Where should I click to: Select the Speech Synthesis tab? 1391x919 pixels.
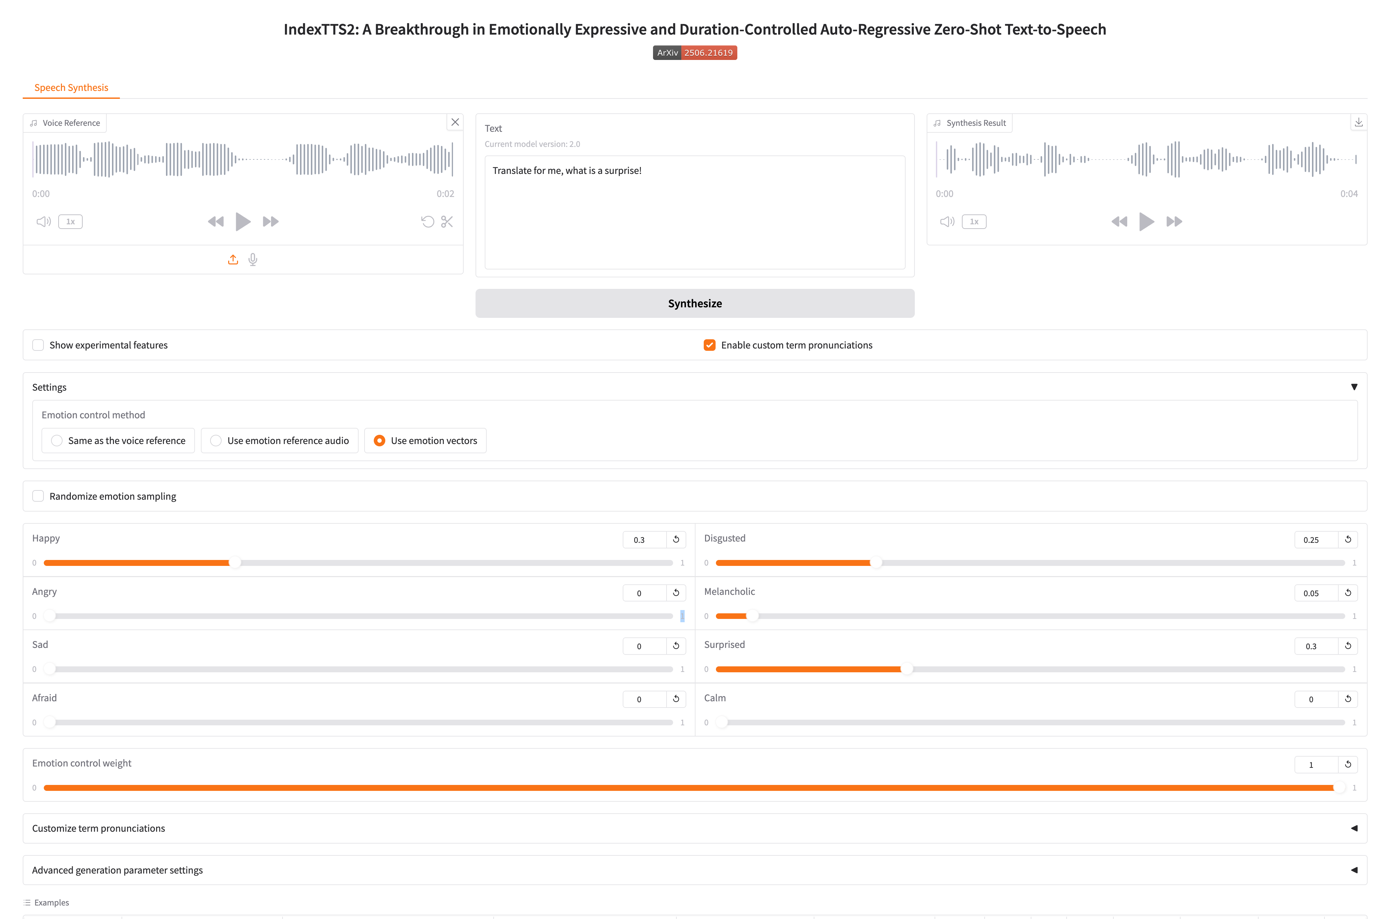[71, 87]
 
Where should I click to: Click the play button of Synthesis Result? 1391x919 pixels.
[1146, 222]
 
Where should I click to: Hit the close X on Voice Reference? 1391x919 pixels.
[455, 122]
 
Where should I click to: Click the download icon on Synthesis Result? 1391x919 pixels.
[1358, 122]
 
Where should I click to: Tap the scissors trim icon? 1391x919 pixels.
[447, 222]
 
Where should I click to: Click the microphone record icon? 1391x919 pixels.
[253, 260]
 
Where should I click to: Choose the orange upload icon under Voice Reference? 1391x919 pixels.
[232, 260]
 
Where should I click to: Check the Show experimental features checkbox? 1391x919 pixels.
[38, 345]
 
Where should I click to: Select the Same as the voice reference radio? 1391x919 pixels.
[57, 441]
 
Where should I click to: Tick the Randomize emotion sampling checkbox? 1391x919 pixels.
[38, 496]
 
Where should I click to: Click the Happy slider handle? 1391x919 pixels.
[234, 563]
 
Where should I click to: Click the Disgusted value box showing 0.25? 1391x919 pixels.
[1315, 540]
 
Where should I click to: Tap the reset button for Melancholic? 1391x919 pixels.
[1348, 593]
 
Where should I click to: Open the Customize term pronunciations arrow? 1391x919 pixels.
[1353, 828]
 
